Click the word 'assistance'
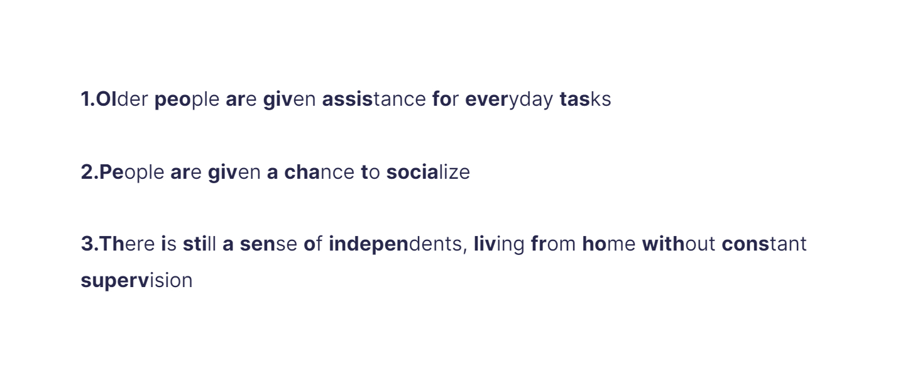[x=374, y=99]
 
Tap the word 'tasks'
[x=585, y=99]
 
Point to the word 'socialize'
[x=428, y=173]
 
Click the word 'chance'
[x=319, y=173]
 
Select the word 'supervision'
[x=136, y=281]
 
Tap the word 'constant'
[x=764, y=244]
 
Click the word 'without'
[x=679, y=244]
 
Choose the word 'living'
[x=499, y=244]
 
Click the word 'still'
[x=199, y=244]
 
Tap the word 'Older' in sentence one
[x=122, y=99]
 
